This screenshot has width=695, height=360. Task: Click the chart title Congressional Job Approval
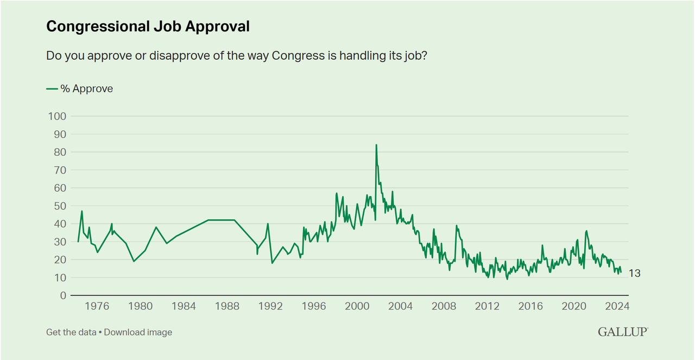tap(148, 26)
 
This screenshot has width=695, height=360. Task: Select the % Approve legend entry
tap(80, 89)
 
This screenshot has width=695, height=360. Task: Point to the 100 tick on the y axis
tap(57, 116)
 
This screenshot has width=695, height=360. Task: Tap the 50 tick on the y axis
tap(59, 206)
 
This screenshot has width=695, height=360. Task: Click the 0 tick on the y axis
tap(62, 295)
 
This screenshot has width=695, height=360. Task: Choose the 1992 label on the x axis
tap(270, 306)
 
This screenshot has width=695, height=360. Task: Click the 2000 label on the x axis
tap(357, 306)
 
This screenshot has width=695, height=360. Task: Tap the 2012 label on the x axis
tap(487, 306)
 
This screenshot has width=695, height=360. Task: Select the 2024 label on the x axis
tap(617, 306)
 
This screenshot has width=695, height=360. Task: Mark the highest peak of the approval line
tap(376, 145)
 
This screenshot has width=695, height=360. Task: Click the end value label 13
tap(634, 274)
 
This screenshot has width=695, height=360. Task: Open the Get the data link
tap(71, 332)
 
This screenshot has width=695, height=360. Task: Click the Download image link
tap(138, 332)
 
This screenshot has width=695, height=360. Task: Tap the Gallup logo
tap(623, 331)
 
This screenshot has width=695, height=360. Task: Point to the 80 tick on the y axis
tap(59, 152)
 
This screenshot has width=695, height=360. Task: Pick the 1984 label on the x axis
tap(184, 306)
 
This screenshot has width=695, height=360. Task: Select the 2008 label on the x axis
tap(444, 306)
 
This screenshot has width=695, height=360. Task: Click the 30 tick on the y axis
tap(59, 242)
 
